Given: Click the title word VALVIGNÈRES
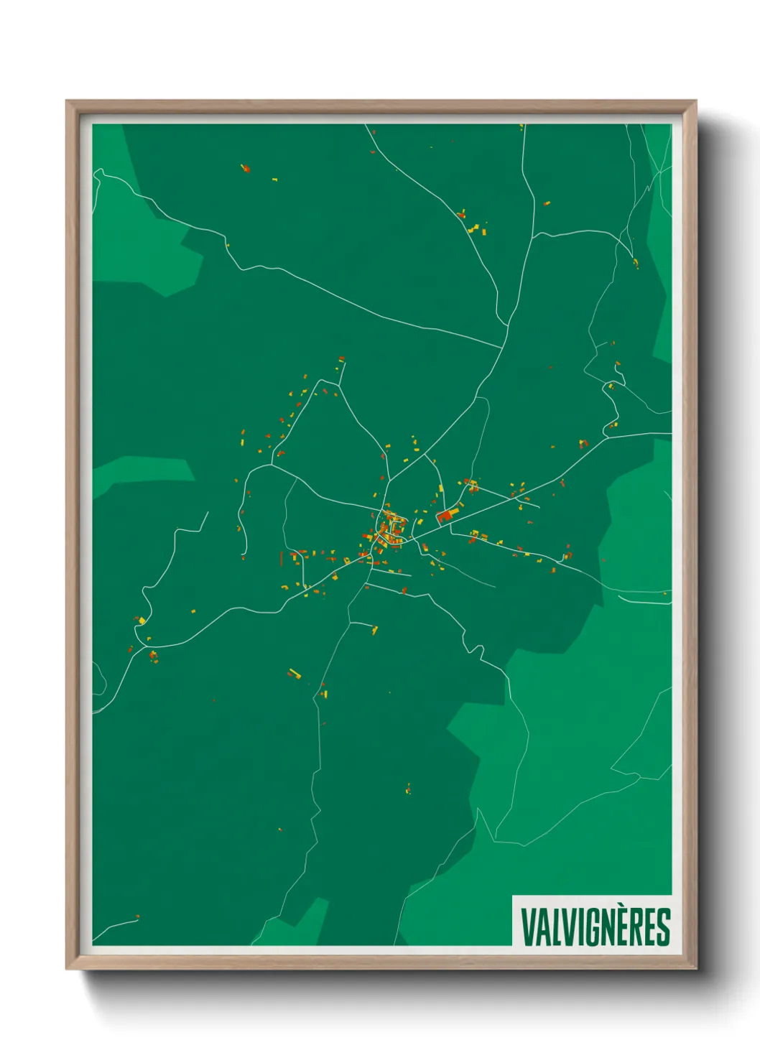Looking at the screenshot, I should pyautogui.click(x=595, y=927).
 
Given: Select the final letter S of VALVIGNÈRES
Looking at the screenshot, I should pyautogui.click(x=663, y=927).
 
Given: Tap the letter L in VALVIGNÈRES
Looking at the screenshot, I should pyautogui.click(x=553, y=927).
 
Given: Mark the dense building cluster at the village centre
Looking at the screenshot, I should pyautogui.click(x=389, y=530).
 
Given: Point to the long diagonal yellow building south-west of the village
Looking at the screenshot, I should pyautogui.click(x=294, y=674).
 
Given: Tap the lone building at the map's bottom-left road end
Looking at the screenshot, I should pyautogui.click(x=137, y=917).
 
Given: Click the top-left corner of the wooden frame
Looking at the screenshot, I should pyautogui.click(x=68, y=103).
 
